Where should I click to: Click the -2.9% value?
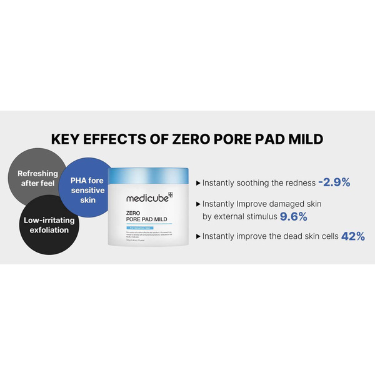click(x=334, y=182)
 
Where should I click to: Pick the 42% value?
click(x=352, y=237)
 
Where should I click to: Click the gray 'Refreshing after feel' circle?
click(x=36, y=178)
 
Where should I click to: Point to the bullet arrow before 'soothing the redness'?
click(x=198, y=183)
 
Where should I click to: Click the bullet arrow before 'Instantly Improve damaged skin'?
click(x=198, y=204)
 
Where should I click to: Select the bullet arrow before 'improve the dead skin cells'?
click(x=198, y=237)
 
